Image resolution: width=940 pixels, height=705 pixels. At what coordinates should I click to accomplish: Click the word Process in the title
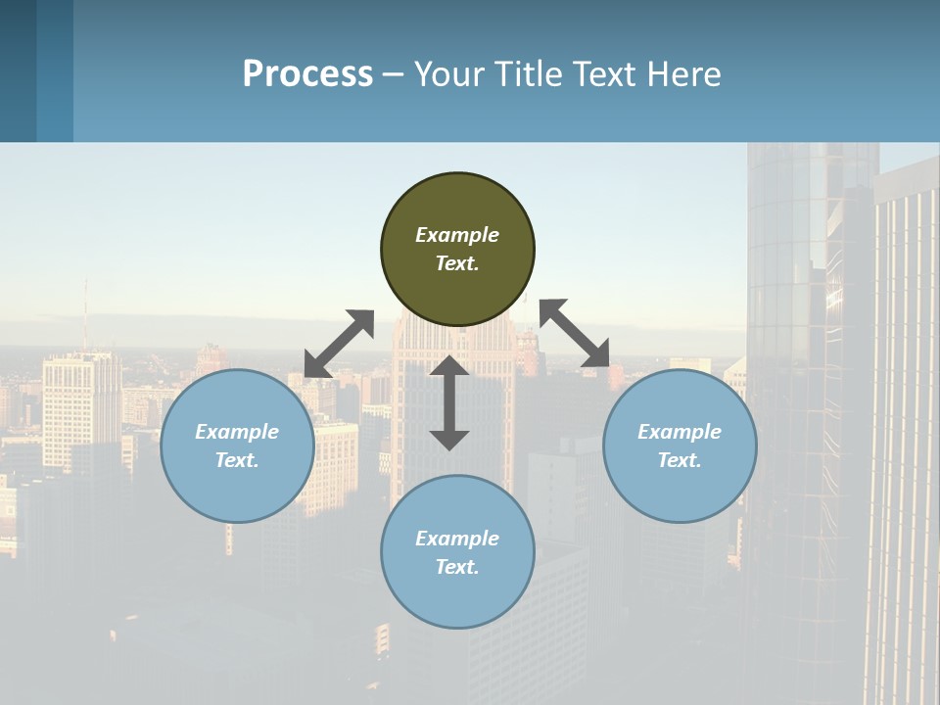[x=307, y=74]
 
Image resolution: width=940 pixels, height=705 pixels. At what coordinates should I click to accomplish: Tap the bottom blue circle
[x=457, y=597]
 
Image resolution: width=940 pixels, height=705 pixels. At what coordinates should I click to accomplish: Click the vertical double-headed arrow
[x=449, y=402]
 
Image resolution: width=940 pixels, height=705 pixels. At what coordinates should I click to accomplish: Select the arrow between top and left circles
[x=339, y=344]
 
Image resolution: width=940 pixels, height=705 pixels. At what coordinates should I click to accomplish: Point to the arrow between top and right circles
[x=575, y=333]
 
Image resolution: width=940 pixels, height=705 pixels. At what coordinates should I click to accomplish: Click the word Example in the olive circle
[x=457, y=235]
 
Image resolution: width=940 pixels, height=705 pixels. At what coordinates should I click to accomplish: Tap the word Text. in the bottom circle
[x=457, y=567]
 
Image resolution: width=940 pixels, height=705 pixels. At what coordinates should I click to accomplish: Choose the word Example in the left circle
[x=237, y=432]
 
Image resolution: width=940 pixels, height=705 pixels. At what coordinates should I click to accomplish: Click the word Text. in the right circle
[x=680, y=460]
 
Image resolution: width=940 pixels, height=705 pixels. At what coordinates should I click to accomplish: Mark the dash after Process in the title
[x=394, y=74]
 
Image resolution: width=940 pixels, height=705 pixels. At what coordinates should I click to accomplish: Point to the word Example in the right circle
[x=680, y=432]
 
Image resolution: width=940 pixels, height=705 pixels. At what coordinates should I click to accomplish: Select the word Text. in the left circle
[x=237, y=460]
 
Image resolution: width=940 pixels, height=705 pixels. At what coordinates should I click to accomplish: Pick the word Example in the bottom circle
[x=457, y=539]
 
